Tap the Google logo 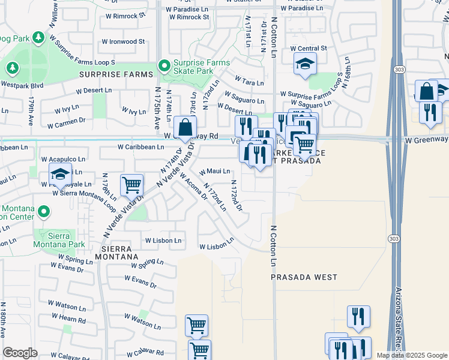(x=20, y=353)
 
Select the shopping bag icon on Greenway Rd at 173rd (x=185, y=127)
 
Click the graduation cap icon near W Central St (x=305, y=64)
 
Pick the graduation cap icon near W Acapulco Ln (x=60, y=174)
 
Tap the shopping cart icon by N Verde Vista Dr (x=131, y=185)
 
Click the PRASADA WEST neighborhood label (x=304, y=278)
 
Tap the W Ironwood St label (x=123, y=42)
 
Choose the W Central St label (x=308, y=48)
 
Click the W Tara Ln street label (x=249, y=80)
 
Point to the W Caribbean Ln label (x=140, y=146)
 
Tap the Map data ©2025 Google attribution (x=412, y=355)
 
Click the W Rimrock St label (x=189, y=17)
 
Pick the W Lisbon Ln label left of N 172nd (x=163, y=241)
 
